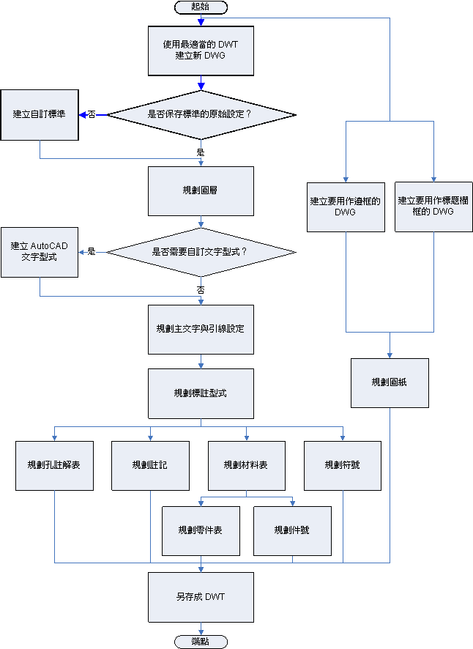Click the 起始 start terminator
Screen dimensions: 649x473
[201, 7]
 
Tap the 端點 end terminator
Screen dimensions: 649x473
[201, 642]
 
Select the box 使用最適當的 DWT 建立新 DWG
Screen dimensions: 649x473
[201, 50]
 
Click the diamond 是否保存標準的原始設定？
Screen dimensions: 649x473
[201, 114]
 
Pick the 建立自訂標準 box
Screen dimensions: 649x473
[39, 114]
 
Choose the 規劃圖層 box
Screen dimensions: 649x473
[201, 190]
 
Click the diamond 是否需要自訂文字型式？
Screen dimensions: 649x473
[201, 252]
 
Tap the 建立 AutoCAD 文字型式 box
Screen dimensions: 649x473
[39, 252]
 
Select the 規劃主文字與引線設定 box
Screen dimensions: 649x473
[201, 329]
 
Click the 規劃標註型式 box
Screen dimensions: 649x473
[201, 393]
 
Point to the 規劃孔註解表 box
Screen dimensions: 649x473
[54, 465]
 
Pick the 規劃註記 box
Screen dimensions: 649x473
[150, 465]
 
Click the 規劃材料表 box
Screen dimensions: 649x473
[246, 465]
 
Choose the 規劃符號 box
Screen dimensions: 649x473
[342, 465]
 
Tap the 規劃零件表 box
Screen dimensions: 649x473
[201, 530]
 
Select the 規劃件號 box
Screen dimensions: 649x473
[292, 530]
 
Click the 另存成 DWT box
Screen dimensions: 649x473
[201, 597]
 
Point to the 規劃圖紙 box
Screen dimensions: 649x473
[390, 382]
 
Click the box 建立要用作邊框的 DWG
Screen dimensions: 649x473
[346, 206]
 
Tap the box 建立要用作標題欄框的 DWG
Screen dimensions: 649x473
[433, 206]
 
